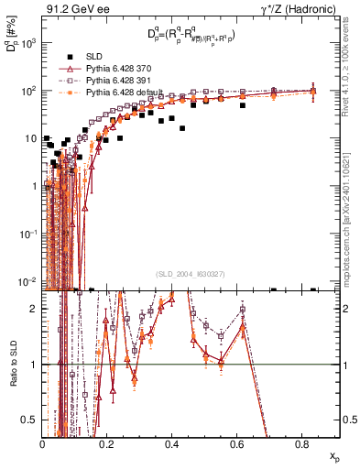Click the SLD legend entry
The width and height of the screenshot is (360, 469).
pos(94,57)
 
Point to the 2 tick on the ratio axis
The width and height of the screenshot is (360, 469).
pos(35,309)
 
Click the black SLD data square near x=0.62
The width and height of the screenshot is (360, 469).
pos(243,105)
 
